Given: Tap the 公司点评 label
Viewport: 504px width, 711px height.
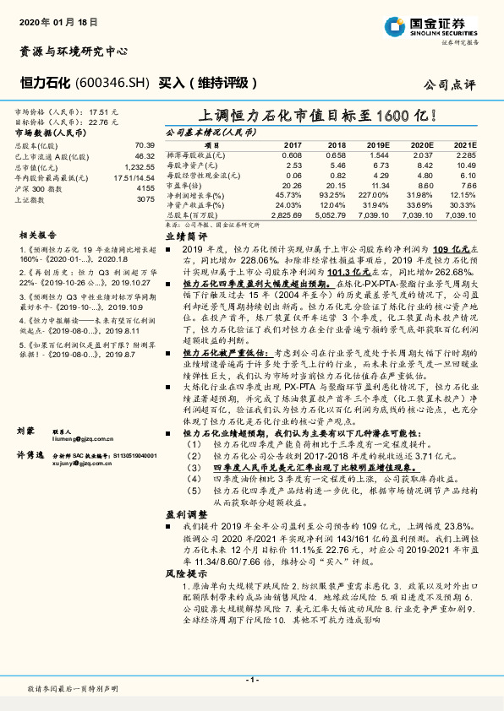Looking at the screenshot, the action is (x=450, y=84).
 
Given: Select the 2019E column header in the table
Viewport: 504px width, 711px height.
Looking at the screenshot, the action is (x=378, y=145).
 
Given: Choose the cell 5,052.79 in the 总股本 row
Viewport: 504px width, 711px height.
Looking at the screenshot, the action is (x=331, y=215).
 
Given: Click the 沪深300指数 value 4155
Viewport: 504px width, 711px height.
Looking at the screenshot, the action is (x=145, y=188).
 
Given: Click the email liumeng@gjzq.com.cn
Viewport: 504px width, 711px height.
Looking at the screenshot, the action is (x=80, y=439).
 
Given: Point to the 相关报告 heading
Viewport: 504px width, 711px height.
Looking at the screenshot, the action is (x=38, y=236).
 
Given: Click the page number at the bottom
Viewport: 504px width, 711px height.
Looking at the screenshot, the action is (x=251, y=679).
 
